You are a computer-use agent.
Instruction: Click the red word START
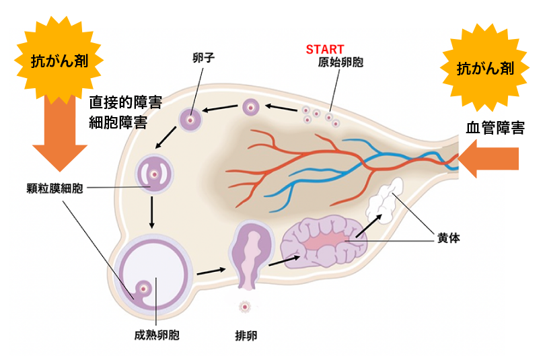(324, 50)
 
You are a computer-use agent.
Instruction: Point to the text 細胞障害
(118, 122)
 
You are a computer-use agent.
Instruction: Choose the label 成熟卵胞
(156, 334)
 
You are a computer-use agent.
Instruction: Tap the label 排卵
(246, 334)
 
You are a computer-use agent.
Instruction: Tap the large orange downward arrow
(60, 135)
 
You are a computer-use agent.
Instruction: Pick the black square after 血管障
(518, 127)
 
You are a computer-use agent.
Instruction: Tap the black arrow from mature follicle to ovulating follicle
(211, 271)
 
